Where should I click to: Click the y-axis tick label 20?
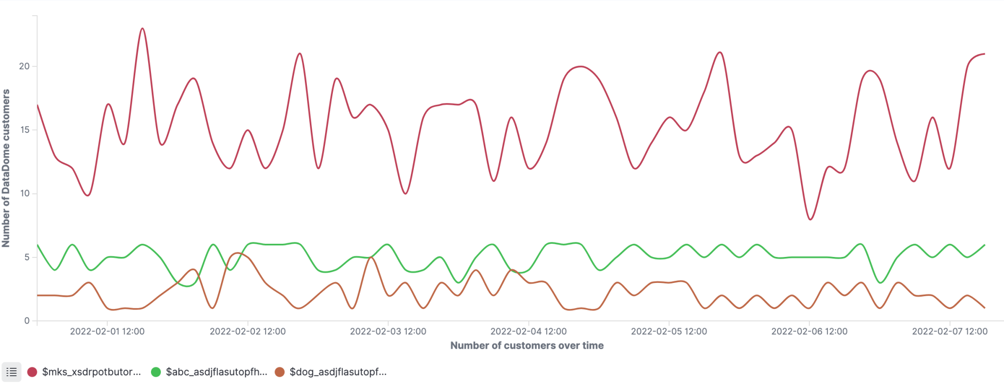pos(24,66)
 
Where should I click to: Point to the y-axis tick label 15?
pos(24,130)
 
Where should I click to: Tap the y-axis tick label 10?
pos(24,193)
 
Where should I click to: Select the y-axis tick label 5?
pos(26,257)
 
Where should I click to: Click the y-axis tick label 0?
pos(27,321)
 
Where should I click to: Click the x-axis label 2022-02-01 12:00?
pos(107,332)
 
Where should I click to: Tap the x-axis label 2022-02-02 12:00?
pos(248,332)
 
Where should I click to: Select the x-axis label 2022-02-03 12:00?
pos(388,332)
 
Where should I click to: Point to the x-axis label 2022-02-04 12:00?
pos(528,332)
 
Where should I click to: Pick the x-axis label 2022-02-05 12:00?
pos(669,332)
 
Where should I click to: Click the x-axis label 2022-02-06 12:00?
pos(809,332)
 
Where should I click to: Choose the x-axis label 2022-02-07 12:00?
pos(950,332)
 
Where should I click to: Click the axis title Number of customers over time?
pos(527,346)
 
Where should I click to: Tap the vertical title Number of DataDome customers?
pos(6,168)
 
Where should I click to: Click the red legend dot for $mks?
pos(32,372)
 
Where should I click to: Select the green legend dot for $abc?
pos(156,372)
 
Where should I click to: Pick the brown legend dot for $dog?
pos(279,372)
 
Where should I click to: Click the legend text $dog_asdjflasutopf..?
pos(338,372)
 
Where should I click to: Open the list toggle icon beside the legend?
pos(11,372)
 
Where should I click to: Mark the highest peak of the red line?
pos(142,28)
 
